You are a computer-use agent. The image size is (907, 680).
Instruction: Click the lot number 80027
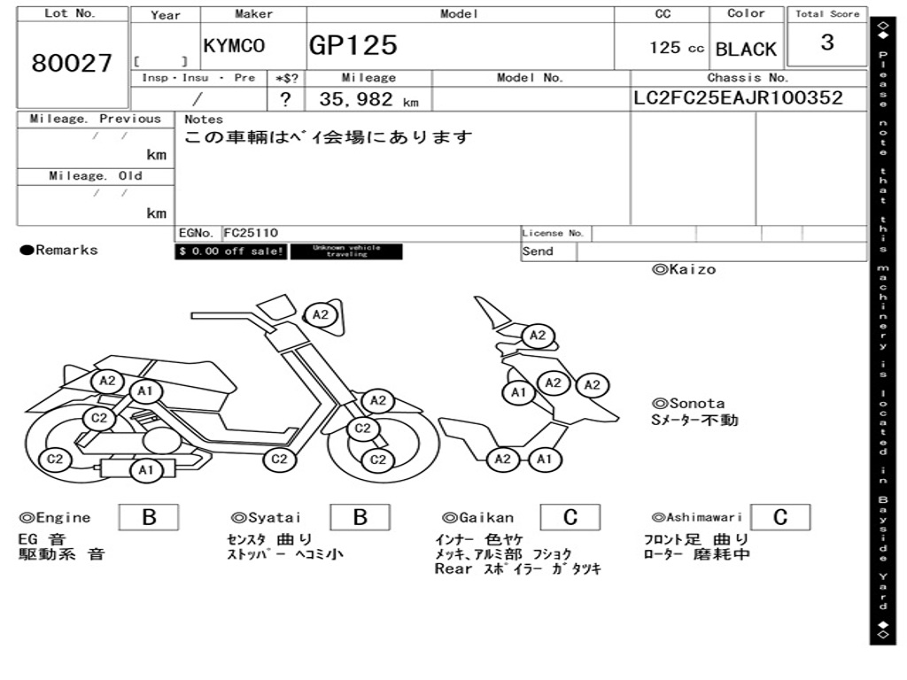72,63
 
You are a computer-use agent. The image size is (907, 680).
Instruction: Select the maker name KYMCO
234,46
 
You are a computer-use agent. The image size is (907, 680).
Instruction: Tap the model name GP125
353,45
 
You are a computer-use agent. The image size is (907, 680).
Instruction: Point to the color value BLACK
746,49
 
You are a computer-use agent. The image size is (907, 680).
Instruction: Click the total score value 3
826,42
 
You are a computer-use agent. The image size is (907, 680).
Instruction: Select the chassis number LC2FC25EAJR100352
738,98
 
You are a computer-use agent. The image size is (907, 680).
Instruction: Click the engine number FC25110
251,233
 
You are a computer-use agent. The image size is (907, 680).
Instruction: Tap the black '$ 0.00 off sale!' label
231,251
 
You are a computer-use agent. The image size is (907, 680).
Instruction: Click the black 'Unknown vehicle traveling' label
346,251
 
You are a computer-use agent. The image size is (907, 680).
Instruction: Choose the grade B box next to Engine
149,517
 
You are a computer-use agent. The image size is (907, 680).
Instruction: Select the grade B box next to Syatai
360,517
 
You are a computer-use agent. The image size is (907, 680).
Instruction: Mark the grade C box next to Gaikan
570,517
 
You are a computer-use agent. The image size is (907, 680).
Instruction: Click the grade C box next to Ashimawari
779,517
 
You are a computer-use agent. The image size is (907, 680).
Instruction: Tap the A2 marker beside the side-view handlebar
321,314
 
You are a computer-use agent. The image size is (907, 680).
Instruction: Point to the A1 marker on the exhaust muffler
145,470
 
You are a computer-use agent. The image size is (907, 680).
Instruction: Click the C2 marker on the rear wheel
55,459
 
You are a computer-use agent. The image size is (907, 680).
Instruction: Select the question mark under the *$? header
285,100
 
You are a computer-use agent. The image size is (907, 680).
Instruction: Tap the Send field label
538,251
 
